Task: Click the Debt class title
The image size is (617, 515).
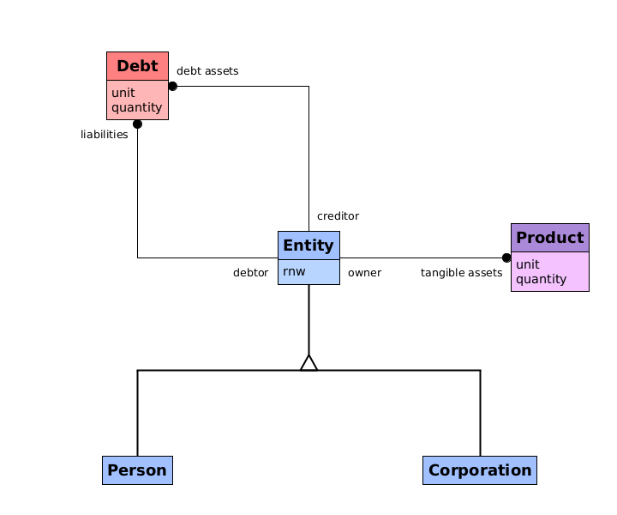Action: [x=137, y=66]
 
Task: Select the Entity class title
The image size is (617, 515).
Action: [x=308, y=245]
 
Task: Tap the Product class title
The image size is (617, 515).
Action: [x=549, y=238]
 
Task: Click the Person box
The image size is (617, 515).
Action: [x=137, y=470]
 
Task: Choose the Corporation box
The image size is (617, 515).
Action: [x=480, y=470]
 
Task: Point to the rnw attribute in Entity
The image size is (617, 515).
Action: [x=294, y=271]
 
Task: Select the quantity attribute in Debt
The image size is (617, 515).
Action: [x=136, y=107]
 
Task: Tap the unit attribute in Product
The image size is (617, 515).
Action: [x=528, y=264]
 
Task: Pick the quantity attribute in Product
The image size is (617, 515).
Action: [x=541, y=279]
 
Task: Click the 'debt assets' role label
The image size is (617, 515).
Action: [x=207, y=70]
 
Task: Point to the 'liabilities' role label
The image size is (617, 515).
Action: [x=105, y=134]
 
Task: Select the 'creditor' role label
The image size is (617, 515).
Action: [x=338, y=215]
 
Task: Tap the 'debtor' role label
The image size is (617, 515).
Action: [x=250, y=273]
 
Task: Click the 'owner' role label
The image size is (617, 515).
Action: [x=364, y=273]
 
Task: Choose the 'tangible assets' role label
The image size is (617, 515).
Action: [x=461, y=273]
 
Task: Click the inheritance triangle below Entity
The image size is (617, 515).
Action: [x=308, y=362]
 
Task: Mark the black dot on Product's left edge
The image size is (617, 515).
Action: [x=506, y=257]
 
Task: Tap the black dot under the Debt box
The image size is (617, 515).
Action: [x=137, y=124]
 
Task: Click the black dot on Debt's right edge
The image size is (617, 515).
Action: [x=172, y=86]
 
